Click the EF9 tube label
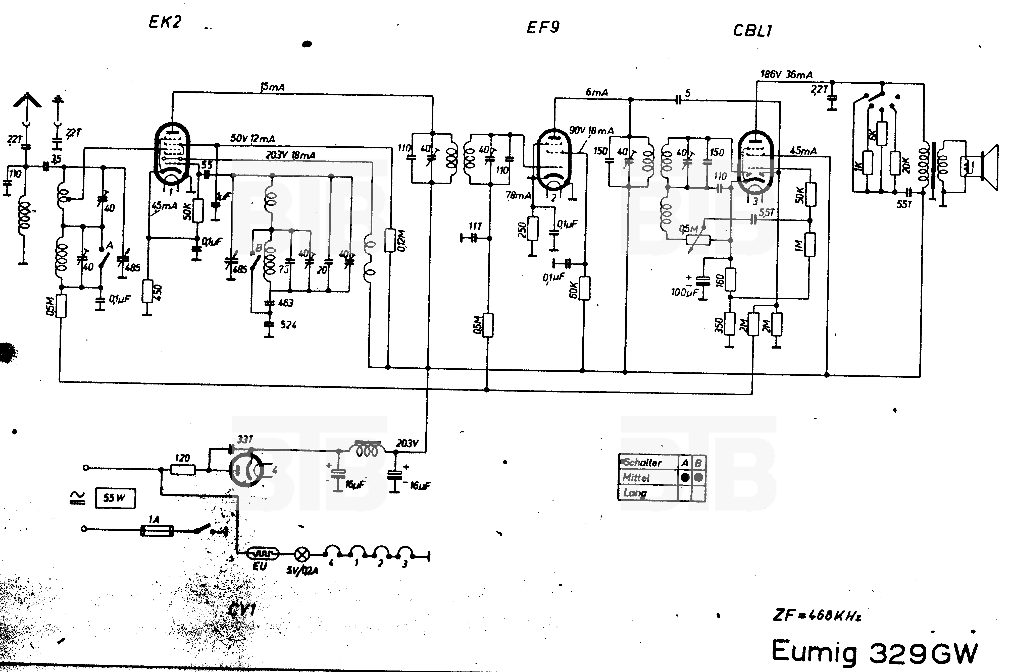(543, 27)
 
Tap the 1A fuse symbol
(157, 531)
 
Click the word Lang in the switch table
(635, 493)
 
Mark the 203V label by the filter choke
(407, 443)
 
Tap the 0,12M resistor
(390, 240)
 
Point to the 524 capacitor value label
(288, 325)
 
